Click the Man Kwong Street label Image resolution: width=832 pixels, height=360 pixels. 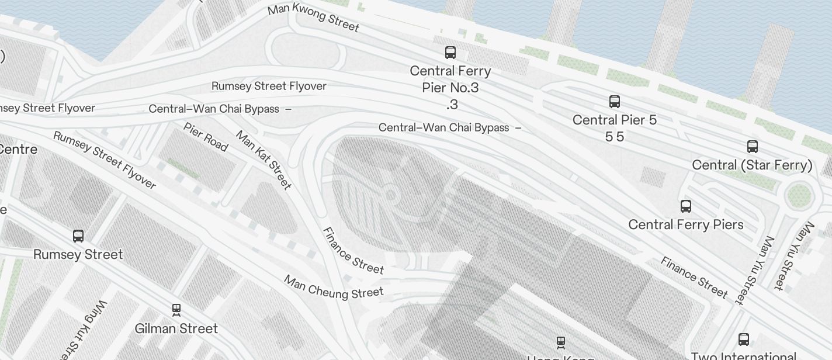pyautogui.click(x=313, y=18)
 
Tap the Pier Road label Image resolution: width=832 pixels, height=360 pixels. pyautogui.click(x=205, y=137)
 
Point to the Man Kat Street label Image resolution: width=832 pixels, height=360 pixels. pyautogui.click(x=263, y=160)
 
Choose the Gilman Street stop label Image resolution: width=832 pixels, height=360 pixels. pyautogui.click(x=176, y=328)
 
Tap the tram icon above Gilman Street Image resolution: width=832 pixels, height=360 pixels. pyautogui.click(x=176, y=309)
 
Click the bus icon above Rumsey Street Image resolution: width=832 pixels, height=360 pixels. pyautogui.click(x=78, y=236)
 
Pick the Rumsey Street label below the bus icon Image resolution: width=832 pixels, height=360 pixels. pyautogui.click(x=78, y=255)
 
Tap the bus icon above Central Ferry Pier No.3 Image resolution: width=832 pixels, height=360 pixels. pyautogui.click(x=450, y=53)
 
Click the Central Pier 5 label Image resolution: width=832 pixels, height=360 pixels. pyautogui.click(x=615, y=120)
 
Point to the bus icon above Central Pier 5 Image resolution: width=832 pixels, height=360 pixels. pyautogui.click(x=615, y=102)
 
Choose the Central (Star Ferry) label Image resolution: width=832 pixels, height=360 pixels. pyautogui.click(x=752, y=165)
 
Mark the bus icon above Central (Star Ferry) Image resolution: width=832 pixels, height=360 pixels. pyautogui.click(x=753, y=146)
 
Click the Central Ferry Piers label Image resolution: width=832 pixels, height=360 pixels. pyautogui.click(x=686, y=224)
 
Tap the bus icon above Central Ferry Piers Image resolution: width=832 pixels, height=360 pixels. pyautogui.click(x=686, y=206)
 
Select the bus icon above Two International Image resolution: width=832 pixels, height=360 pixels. pyautogui.click(x=744, y=339)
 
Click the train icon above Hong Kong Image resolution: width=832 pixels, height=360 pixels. pyautogui.click(x=561, y=342)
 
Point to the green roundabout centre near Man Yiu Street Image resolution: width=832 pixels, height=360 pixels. pyautogui.click(x=799, y=195)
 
